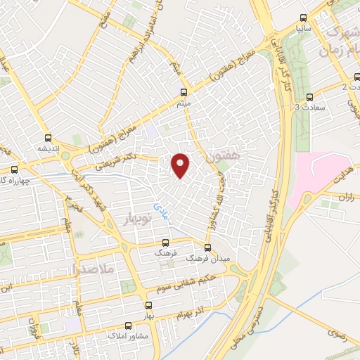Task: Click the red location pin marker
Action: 181,165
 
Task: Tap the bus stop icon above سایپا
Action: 303,18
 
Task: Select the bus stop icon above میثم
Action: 184,92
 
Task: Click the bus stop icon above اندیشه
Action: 48,138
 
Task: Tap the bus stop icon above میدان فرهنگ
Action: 207,247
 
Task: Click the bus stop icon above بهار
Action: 148,305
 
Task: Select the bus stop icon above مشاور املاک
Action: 128,326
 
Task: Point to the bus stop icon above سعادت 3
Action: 309,97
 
